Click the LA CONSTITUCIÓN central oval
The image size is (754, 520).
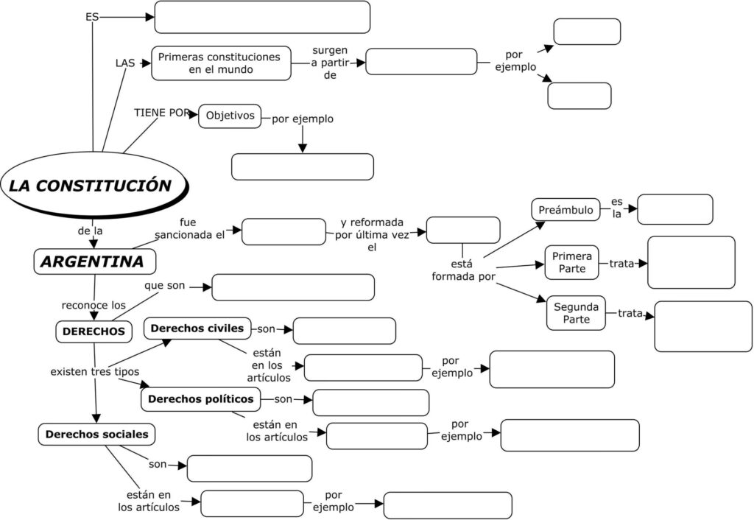[91, 185]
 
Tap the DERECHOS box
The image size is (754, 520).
[94, 331]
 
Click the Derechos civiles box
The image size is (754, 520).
[197, 328]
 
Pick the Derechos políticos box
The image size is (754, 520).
[200, 399]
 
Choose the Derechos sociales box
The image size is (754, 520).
[96, 435]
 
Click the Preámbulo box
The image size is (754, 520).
[565, 210]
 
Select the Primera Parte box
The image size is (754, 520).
[572, 262]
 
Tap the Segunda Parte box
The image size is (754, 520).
[575, 313]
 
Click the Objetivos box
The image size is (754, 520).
[230, 116]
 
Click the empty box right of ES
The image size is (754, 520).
[262, 17]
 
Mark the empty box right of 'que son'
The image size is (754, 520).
[293, 287]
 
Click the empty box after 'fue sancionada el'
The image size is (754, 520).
[283, 231]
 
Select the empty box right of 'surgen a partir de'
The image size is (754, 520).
[421, 62]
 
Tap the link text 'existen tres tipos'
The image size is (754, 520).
[94, 371]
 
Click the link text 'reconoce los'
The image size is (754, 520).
[94, 305]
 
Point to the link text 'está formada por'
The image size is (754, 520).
[462, 270]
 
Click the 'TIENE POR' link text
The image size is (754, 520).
[162, 113]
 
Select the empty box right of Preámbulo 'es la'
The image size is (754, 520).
[674, 209]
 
